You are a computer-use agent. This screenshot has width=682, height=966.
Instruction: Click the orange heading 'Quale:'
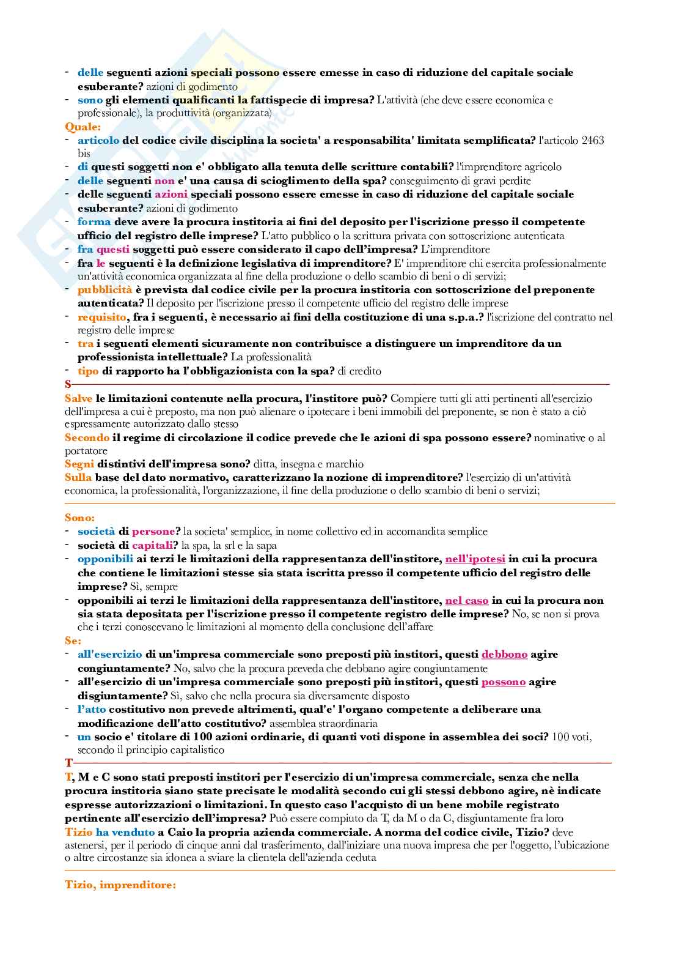point(82,127)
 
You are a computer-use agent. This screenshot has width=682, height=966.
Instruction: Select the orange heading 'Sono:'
point(79,518)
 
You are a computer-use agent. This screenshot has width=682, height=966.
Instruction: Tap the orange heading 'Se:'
point(73,641)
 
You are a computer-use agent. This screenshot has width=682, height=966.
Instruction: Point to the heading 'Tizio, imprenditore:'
point(120,885)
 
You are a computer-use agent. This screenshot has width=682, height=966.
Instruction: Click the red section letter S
point(68,384)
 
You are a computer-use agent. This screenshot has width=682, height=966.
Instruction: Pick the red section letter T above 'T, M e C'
point(68,763)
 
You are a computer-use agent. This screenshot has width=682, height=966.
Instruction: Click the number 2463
point(592,140)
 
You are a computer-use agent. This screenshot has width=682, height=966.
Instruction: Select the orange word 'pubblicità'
point(105,289)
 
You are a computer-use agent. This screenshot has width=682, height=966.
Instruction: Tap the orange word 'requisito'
point(101,317)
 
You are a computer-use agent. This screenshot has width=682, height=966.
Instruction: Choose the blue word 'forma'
point(94,221)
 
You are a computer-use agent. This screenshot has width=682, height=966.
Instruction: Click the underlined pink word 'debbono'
point(504,654)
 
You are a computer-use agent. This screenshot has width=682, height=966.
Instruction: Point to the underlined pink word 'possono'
point(503,682)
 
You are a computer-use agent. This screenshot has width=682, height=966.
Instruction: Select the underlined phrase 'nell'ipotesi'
point(475,559)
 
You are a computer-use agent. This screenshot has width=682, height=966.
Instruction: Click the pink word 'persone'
point(153,531)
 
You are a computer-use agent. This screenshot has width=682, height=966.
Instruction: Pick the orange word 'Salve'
point(79,398)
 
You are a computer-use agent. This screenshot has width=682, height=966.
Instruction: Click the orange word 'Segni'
point(79,464)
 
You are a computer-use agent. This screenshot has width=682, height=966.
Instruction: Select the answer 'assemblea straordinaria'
point(323,723)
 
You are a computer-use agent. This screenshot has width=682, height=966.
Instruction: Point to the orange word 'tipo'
point(88,371)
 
